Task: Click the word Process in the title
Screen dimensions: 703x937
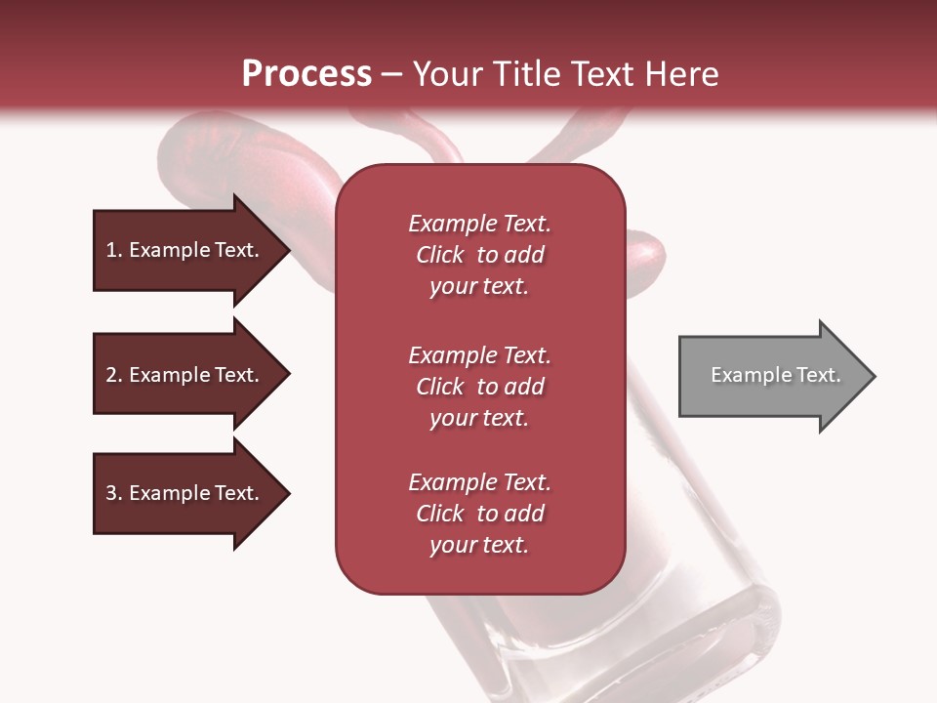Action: (306, 74)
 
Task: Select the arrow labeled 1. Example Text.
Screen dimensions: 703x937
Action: (185, 250)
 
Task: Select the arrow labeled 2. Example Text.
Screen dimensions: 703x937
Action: (185, 375)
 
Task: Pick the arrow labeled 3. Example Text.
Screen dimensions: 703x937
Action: (185, 493)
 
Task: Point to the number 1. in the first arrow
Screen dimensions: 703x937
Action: (114, 250)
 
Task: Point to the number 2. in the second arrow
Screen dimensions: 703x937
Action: (114, 375)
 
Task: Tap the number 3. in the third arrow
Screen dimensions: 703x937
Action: (114, 493)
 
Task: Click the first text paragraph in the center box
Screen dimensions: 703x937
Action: (479, 255)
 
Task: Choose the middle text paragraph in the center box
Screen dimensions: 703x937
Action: (479, 386)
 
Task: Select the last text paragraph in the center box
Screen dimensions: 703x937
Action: (479, 514)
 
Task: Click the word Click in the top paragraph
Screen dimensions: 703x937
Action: (440, 255)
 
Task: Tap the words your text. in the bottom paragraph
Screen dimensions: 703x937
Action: (479, 545)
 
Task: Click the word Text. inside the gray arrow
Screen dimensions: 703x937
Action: (817, 375)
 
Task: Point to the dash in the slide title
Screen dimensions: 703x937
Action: (392, 75)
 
